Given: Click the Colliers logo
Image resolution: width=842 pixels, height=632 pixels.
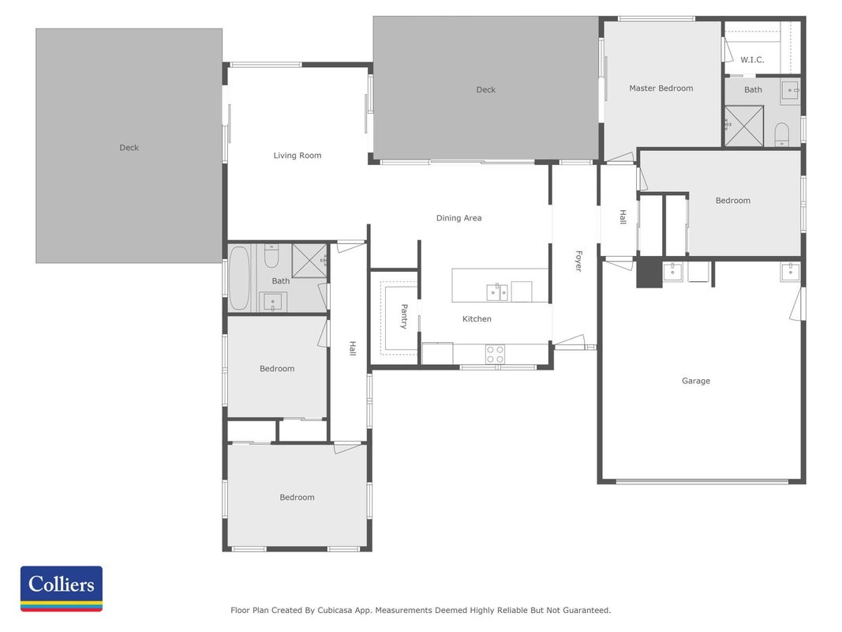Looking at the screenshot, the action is point(62,589).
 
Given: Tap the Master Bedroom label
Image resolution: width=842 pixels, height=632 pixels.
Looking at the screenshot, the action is point(661,88).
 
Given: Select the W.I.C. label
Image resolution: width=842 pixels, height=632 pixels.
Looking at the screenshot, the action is point(752,60).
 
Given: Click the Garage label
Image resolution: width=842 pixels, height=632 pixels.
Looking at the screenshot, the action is point(696,381).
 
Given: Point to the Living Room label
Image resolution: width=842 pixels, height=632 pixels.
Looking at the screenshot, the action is point(298,156).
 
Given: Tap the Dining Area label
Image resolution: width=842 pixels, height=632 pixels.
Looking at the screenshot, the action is point(458,218).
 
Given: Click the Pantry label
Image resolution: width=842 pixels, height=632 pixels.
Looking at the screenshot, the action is point(404,316).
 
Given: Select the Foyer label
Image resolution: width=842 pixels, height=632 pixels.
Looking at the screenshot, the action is point(578,261).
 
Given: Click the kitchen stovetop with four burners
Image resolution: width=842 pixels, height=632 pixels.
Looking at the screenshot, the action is point(495,354).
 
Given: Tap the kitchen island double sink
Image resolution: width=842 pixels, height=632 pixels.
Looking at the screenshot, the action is point(496,292).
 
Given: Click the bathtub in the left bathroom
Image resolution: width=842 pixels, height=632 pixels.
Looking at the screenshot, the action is point(239,277).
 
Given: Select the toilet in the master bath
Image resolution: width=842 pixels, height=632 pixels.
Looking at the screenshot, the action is point(782,134).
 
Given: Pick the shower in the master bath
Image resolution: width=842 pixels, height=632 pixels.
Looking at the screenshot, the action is point(744,126).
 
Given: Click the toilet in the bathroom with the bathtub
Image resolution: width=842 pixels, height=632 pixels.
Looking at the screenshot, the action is point(271,256).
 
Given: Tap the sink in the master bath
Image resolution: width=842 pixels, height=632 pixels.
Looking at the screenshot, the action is point(790,91).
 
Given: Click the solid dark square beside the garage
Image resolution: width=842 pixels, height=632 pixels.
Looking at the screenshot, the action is point(649,273).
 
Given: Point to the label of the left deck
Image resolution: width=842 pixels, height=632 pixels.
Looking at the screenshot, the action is point(129,147).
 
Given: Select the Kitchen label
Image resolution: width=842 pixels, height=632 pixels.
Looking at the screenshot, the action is point(477,318).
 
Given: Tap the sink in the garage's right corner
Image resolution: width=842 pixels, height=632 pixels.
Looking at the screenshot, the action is point(790,272).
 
